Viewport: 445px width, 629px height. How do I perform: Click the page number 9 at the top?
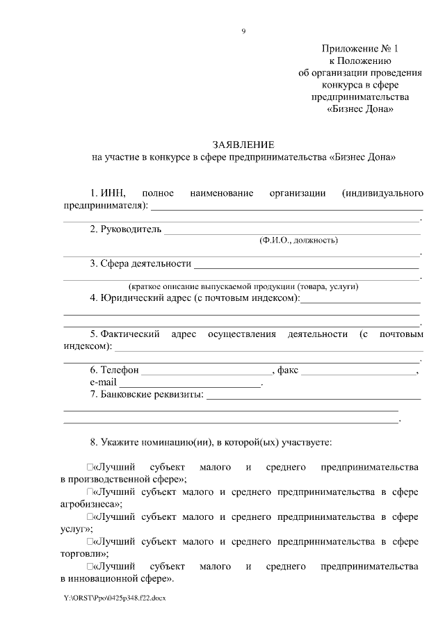[x=243, y=31]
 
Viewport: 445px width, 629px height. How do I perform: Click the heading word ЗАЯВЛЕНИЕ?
[x=244, y=145]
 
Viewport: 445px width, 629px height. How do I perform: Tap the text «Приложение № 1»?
[x=361, y=49]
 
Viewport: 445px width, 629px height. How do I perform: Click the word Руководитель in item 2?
[x=131, y=229]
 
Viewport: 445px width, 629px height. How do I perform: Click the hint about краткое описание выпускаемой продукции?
[x=243, y=286]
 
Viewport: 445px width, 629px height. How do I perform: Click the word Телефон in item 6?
[x=120, y=370]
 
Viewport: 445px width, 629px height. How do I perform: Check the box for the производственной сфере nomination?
[x=90, y=466]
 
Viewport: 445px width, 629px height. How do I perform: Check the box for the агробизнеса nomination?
[x=90, y=493]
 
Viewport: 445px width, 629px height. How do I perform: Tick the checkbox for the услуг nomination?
[x=90, y=518]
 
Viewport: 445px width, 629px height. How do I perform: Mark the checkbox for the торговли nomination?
[x=90, y=541]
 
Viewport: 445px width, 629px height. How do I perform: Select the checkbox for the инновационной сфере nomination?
[x=90, y=567]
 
